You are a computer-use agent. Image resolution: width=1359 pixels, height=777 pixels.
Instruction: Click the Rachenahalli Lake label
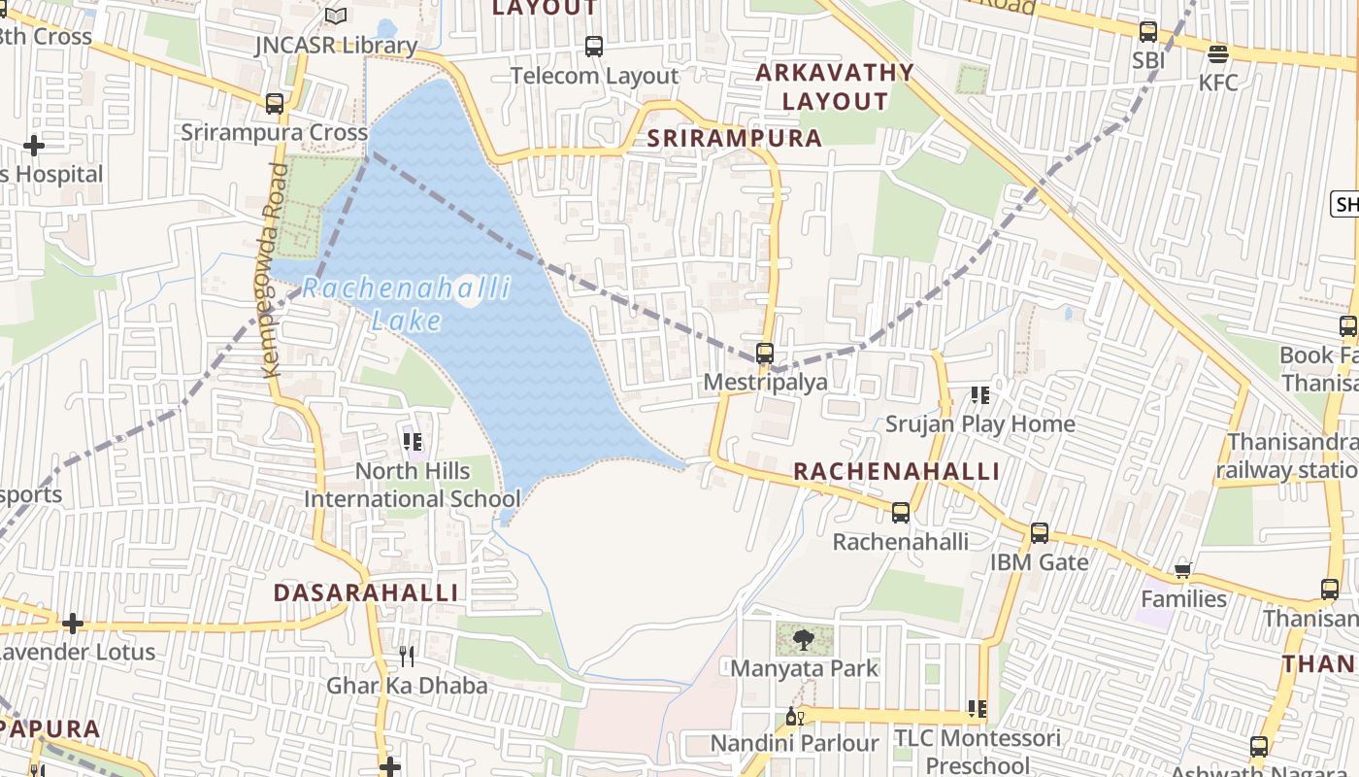(x=406, y=304)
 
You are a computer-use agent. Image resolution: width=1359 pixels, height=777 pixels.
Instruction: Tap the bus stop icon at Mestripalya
(x=765, y=354)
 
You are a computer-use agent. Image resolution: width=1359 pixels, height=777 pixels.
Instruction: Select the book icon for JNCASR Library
(x=335, y=17)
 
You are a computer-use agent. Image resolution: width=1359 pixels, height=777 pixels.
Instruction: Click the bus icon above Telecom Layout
(x=594, y=46)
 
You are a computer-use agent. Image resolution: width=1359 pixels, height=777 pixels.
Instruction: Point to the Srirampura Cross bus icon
(x=275, y=103)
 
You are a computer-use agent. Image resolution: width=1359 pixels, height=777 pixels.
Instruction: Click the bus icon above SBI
(x=1148, y=31)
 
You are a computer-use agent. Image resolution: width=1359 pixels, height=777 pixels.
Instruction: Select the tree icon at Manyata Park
(x=803, y=639)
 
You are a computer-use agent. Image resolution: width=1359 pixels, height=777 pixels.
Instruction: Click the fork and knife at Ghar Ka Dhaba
(x=407, y=657)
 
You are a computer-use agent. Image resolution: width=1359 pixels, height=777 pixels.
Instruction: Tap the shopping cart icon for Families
(x=1182, y=570)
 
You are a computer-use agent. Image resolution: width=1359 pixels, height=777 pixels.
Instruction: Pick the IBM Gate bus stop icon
(x=1040, y=532)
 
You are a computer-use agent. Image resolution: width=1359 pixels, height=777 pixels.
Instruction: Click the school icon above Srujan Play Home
(x=980, y=395)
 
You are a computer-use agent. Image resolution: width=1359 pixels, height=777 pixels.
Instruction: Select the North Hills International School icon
(x=413, y=442)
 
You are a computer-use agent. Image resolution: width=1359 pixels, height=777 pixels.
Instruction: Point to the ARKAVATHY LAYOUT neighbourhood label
(x=835, y=86)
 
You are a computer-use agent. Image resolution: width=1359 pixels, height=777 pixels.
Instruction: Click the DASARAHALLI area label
(x=366, y=592)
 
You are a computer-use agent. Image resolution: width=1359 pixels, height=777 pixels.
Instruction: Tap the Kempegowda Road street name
(x=274, y=270)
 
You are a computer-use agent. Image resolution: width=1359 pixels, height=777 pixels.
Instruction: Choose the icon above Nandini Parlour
(x=794, y=717)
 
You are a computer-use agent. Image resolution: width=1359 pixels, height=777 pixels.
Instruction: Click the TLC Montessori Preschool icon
(x=978, y=709)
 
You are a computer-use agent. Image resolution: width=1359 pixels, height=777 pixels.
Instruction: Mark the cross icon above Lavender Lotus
(x=73, y=623)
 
